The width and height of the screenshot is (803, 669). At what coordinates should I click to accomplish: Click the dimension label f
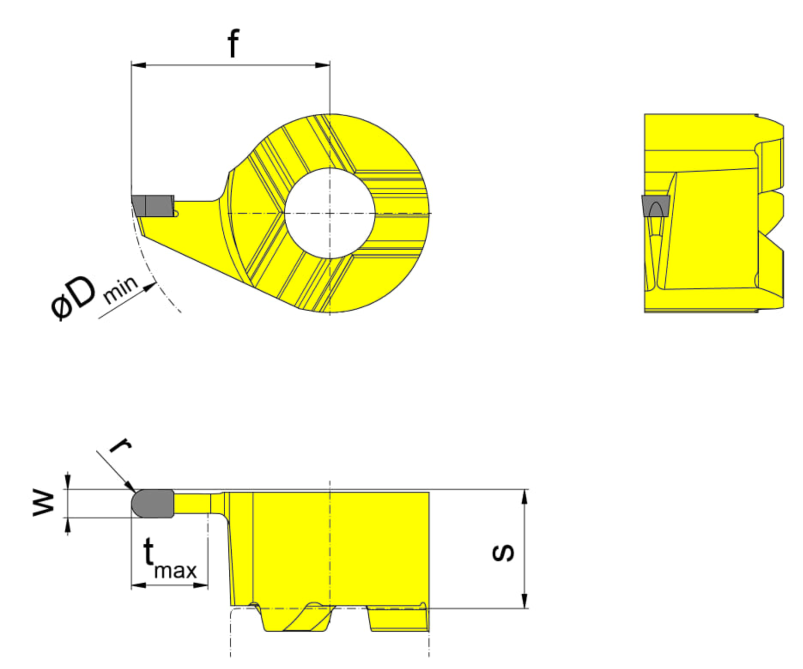coord(233,43)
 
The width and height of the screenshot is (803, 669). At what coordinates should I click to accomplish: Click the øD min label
coord(94,296)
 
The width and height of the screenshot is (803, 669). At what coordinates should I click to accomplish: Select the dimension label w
coord(44,504)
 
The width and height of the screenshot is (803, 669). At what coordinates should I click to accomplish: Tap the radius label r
coord(121,445)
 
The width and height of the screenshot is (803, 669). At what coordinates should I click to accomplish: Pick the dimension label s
coord(503,553)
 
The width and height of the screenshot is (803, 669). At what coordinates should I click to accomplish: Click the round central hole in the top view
coord(330,213)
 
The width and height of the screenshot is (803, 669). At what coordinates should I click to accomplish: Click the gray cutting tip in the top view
coord(153,206)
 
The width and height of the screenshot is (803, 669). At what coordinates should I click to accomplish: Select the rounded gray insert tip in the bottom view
coord(152,503)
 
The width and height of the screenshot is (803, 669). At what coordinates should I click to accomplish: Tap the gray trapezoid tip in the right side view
coord(655,206)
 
